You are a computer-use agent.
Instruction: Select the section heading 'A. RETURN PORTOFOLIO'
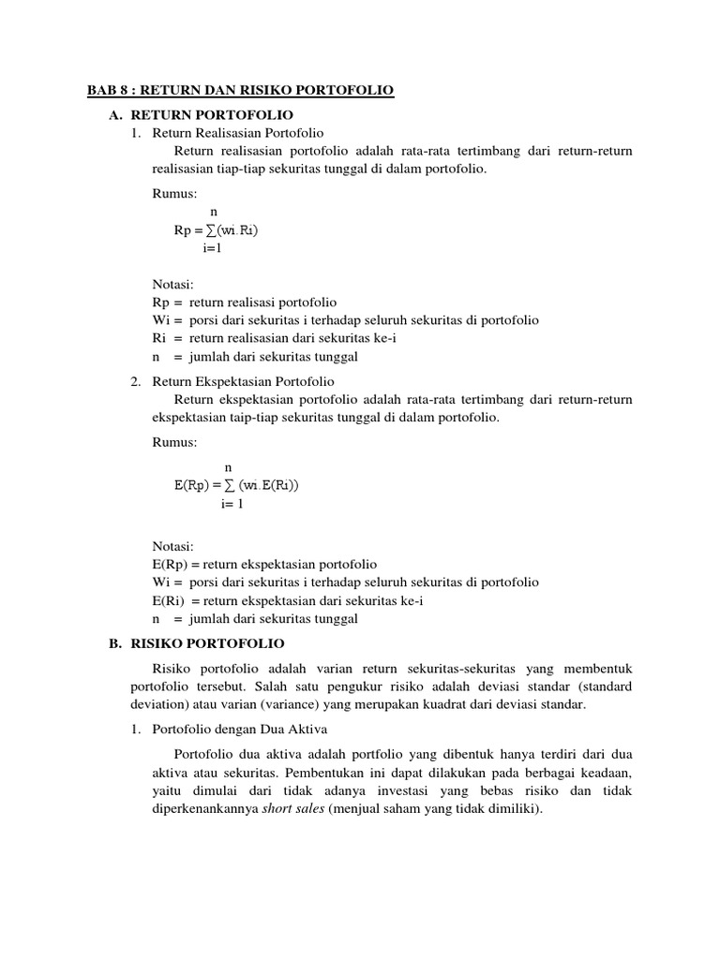(x=203, y=114)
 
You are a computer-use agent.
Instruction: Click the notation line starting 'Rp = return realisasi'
(x=244, y=302)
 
